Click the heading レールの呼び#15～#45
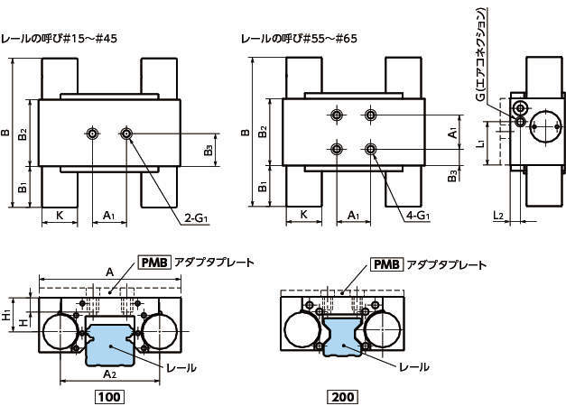60,40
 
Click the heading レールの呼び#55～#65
301,40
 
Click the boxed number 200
344,396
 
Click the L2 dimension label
498,215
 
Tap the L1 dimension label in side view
484,142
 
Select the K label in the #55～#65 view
304,215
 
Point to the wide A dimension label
109,271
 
